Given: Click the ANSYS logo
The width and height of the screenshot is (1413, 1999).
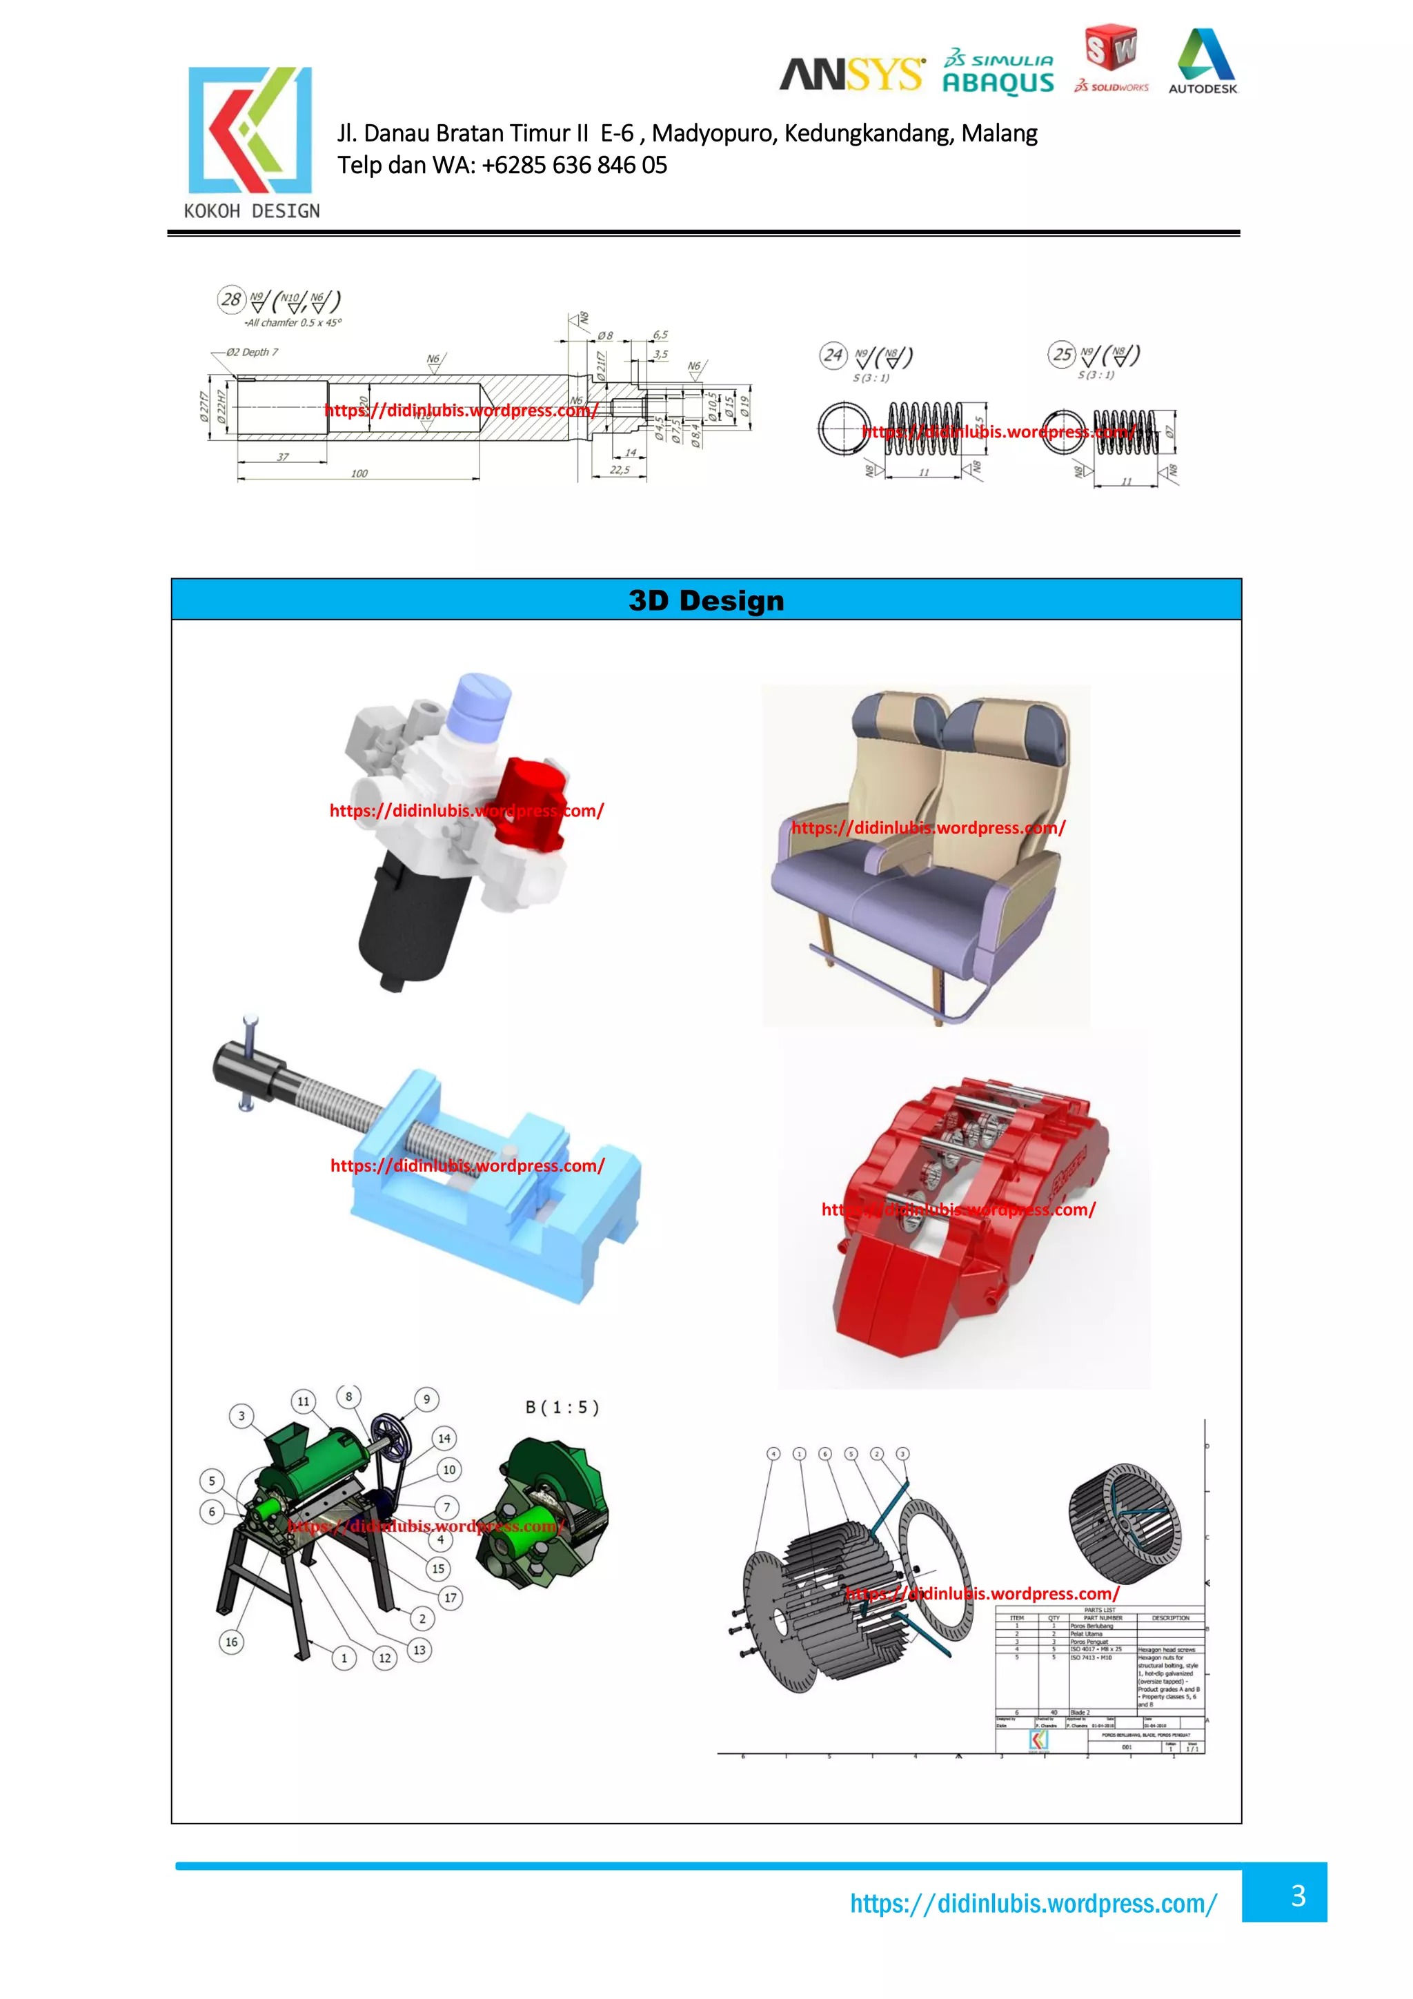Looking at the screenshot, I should [x=851, y=75].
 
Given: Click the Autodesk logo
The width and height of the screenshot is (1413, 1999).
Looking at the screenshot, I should [x=1203, y=61].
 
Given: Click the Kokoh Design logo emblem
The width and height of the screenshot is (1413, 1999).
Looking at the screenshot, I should [x=250, y=130].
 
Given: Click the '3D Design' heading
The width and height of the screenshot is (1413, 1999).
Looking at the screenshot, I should [x=706, y=600].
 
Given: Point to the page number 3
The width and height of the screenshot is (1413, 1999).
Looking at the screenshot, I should [x=1297, y=1895].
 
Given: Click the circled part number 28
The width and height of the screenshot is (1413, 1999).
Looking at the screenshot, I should [x=230, y=299].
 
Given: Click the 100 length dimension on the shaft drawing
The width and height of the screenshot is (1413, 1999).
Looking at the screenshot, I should [x=359, y=473].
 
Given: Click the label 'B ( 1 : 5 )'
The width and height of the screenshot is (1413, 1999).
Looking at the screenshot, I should [x=562, y=1407].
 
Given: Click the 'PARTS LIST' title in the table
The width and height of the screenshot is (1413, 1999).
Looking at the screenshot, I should [x=1100, y=1610].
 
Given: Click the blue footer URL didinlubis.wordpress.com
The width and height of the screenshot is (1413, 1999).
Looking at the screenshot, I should [x=1034, y=1904].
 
